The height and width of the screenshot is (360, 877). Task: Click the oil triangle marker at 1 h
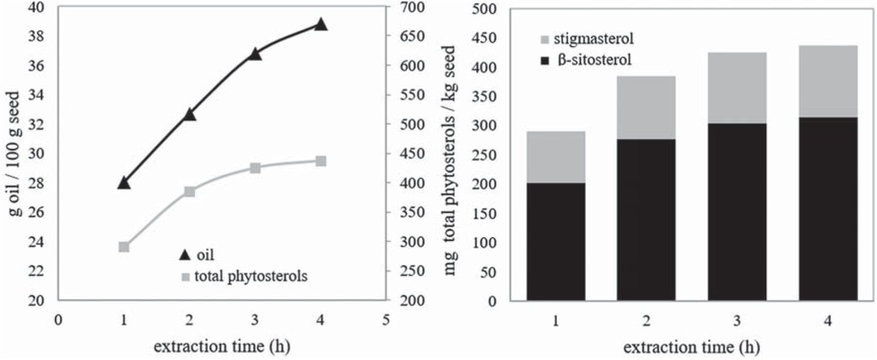pos(124,183)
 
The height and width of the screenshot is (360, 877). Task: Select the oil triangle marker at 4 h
pos(320,24)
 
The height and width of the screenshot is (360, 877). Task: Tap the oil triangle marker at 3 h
pos(255,54)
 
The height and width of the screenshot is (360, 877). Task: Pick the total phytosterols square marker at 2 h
pos(189,192)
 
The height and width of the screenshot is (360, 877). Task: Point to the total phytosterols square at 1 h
pos(124,247)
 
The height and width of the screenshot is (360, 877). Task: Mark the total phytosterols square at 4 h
pos(320,161)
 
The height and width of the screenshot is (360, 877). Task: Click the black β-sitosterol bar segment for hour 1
pos(555,241)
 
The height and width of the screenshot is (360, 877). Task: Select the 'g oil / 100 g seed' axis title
pos(14,154)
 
